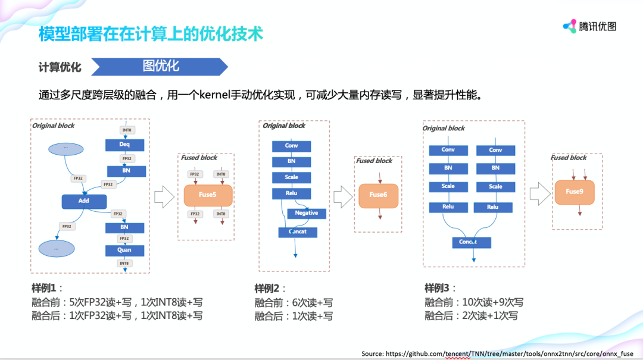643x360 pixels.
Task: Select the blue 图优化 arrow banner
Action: (x=160, y=66)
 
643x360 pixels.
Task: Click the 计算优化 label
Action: (x=60, y=67)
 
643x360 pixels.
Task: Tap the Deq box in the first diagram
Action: (x=124, y=145)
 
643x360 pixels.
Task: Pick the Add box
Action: (x=84, y=201)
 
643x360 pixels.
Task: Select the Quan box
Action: (x=124, y=250)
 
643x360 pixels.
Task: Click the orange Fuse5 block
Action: (x=208, y=195)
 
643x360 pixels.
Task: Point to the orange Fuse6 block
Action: (x=378, y=195)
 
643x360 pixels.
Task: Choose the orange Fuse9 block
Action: (x=574, y=192)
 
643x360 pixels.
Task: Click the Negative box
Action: (x=307, y=213)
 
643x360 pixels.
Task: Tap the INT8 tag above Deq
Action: (x=127, y=130)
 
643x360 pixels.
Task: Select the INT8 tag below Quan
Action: (x=124, y=263)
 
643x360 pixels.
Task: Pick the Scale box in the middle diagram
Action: (x=291, y=177)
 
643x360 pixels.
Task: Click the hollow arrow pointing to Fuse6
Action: (x=342, y=195)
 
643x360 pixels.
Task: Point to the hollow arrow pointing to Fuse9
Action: (x=539, y=192)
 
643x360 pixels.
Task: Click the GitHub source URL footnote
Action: (x=498, y=353)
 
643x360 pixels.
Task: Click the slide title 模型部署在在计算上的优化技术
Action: (x=151, y=34)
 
